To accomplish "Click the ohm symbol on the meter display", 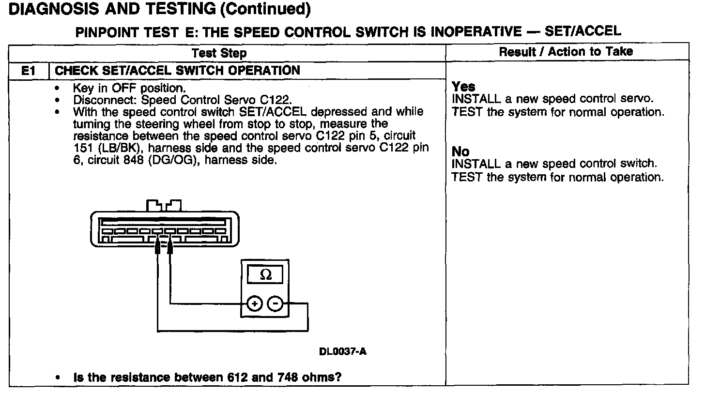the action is (x=265, y=275).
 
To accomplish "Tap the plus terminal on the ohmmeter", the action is (x=254, y=304).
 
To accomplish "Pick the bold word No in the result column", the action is (x=460, y=152).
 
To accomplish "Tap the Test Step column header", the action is (x=219, y=53).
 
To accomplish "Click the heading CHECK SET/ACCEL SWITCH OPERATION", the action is (x=178, y=71).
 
